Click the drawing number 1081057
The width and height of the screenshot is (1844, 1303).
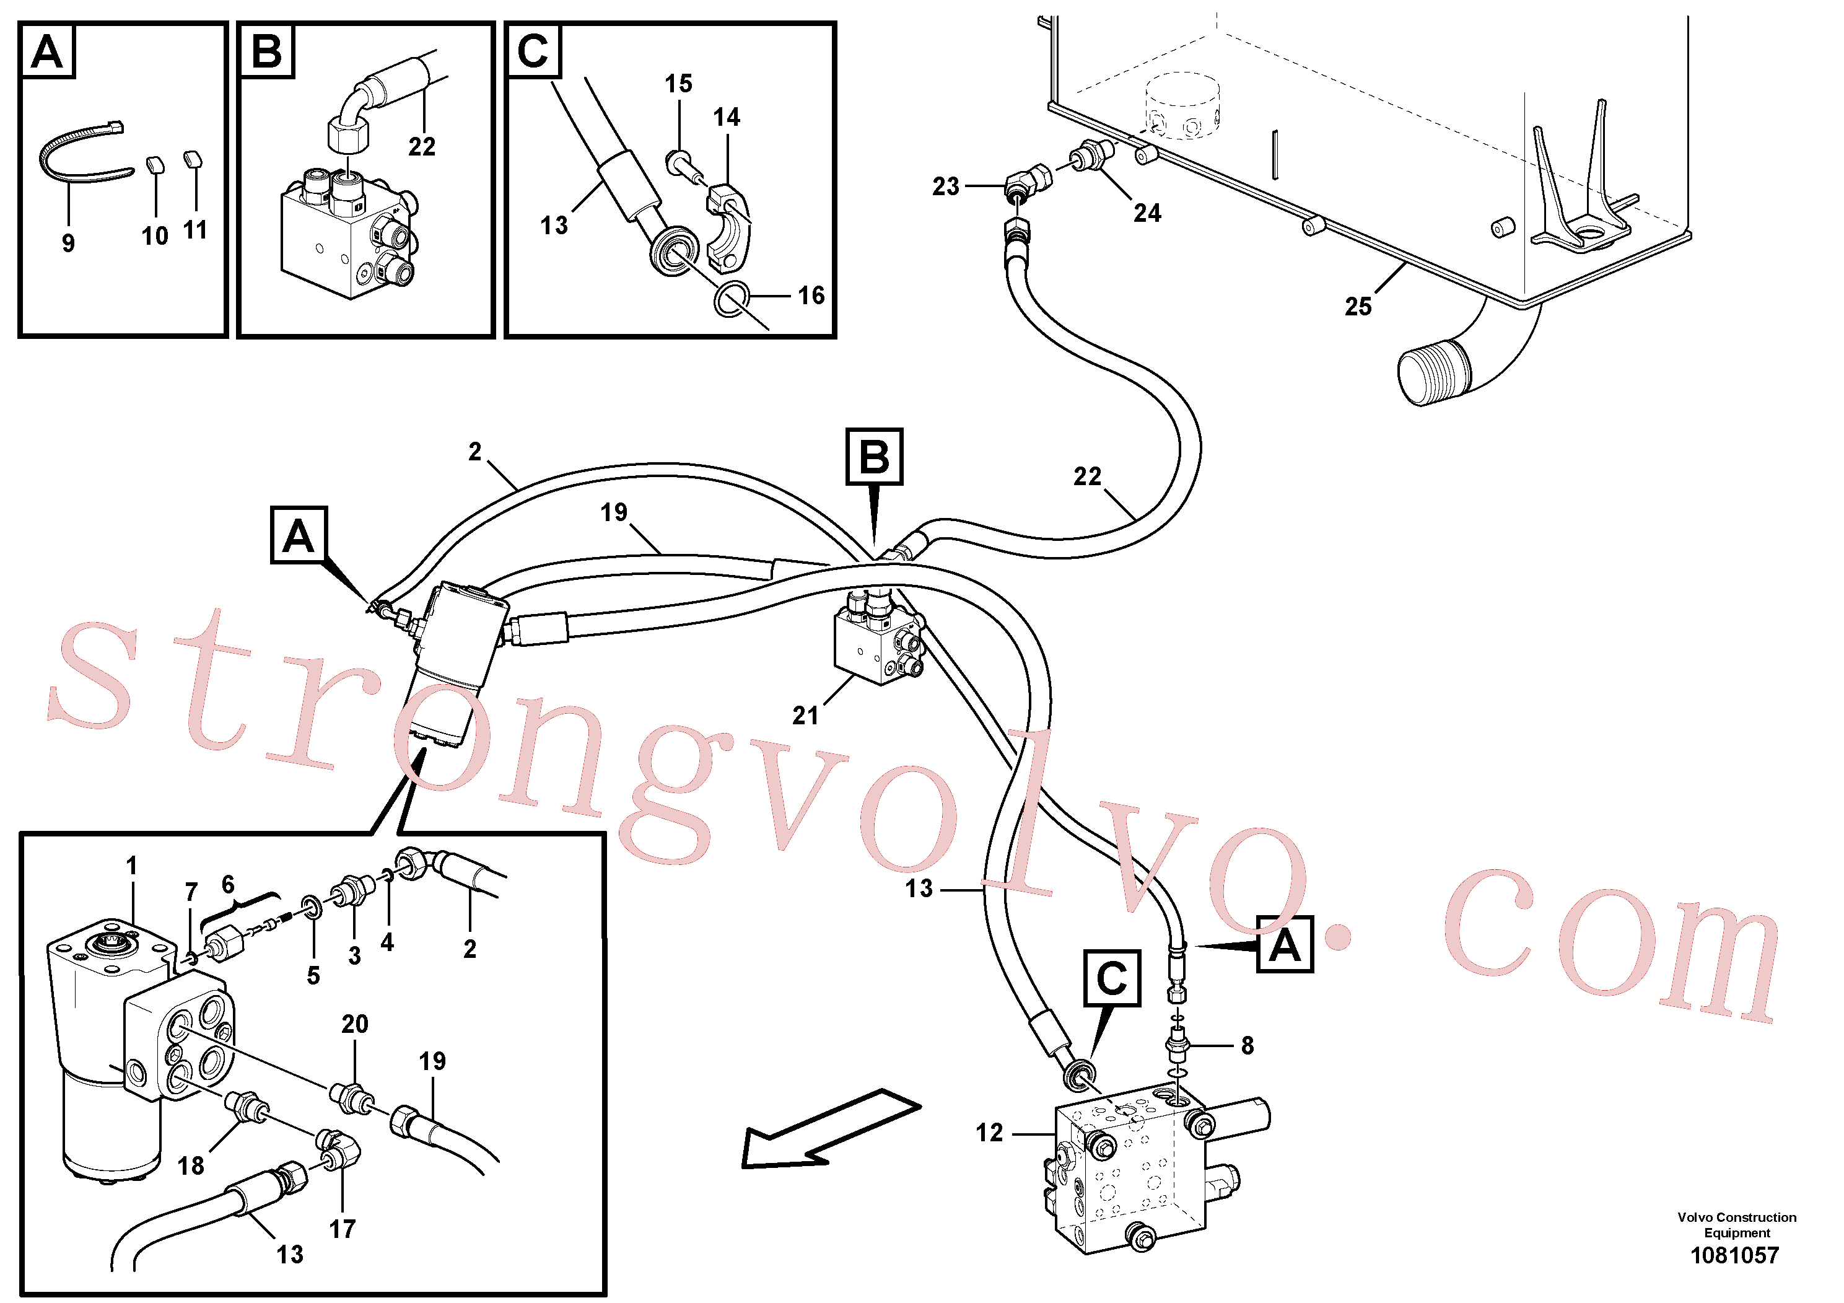pyautogui.click(x=1735, y=1255)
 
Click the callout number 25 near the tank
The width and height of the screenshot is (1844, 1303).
pyautogui.click(x=1358, y=306)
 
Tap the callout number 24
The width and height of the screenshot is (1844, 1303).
pyautogui.click(x=1147, y=213)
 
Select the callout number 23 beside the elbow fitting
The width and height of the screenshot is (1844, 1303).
pyautogui.click(x=945, y=186)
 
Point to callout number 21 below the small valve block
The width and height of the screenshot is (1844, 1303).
pyautogui.click(x=805, y=715)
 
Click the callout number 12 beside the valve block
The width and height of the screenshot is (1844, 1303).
pyautogui.click(x=989, y=1133)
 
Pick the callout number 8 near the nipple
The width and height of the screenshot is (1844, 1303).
pyautogui.click(x=1248, y=1045)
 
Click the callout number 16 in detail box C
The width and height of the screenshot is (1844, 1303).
pyautogui.click(x=811, y=296)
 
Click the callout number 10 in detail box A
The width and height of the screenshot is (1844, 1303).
pyautogui.click(x=155, y=236)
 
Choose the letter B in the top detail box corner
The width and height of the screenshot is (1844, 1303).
pyautogui.click(x=266, y=51)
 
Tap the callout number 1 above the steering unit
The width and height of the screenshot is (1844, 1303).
pyautogui.click(x=132, y=866)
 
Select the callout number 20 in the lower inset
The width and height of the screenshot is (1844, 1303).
pyautogui.click(x=355, y=1024)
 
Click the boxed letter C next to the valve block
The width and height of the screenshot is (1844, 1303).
pyautogui.click(x=1111, y=978)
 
